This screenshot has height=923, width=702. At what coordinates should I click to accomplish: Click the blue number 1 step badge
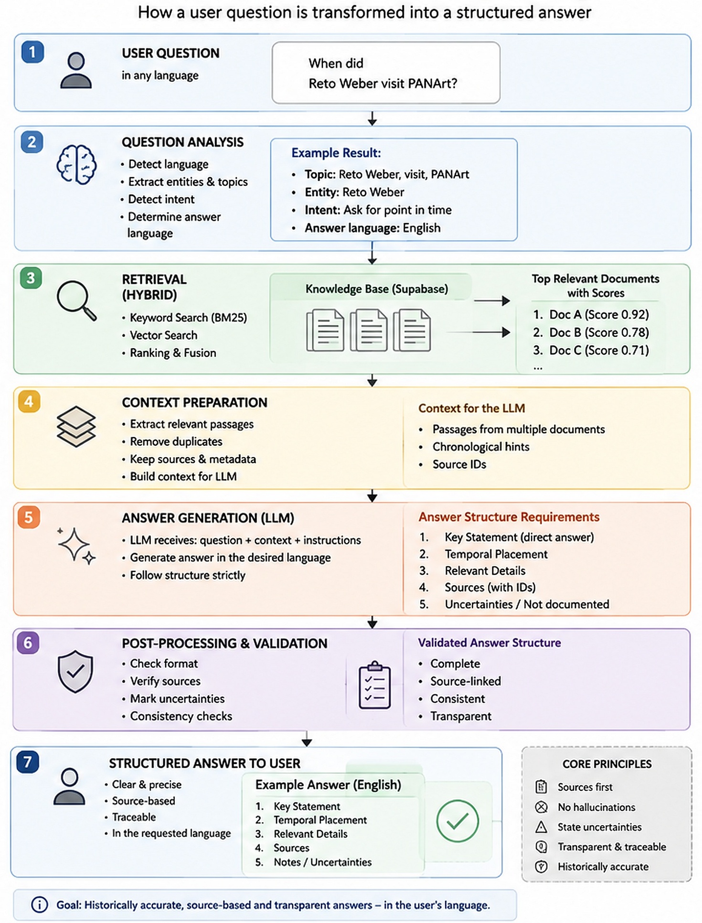pyautogui.click(x=32, y=52)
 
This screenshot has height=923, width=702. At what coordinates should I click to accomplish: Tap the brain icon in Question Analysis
pyautogui.click(x=76, y=164)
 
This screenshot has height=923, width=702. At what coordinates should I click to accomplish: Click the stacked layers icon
pyautogui.click(x=76, y=427)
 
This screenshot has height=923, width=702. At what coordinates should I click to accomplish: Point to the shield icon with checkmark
pyautogui.click(x=75, y=671)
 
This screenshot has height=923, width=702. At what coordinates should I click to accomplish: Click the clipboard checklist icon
pyautogui.click(x=375, y=685)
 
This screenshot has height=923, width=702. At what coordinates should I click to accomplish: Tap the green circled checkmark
pyautogui.click(x=457, y=821)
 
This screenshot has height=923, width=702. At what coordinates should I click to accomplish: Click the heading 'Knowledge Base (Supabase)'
pyautogui.click(x=377, y=289)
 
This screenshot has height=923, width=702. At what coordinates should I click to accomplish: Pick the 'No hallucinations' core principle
pyautogui.click(x=596, y=807)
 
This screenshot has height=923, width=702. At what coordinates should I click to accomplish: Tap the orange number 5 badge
pyautogui.click(x=28, y=517)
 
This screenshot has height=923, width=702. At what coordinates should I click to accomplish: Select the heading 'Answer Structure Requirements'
pyautogui.click(x=509, y=517)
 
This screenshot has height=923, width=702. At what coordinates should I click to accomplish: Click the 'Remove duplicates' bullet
pyautogui.click(x=176, y=441)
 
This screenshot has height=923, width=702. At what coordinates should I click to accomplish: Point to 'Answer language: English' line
pyautogui.click(x=372, y=228)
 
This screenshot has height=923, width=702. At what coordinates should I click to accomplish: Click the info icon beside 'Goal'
pyautogui.click(x=40, y=904)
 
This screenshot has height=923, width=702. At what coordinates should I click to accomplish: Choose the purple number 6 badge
pyautogui.click(x=28, y=643)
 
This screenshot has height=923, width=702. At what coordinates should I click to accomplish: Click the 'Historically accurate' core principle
pyautogui.click(x=603, y=867)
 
